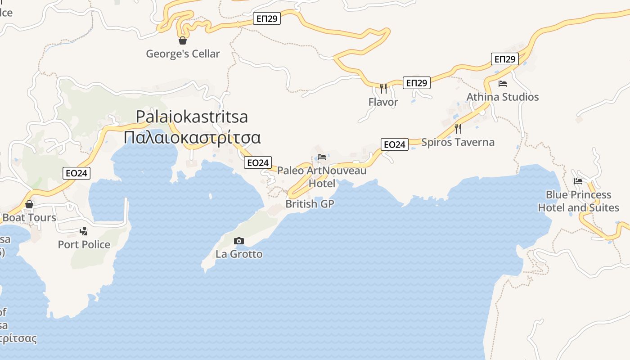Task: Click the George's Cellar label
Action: [183, 54]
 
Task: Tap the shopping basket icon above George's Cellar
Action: [183, 40]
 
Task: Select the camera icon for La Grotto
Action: [239, 241]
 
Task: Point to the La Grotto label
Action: [239, 254]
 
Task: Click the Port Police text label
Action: [84, 244]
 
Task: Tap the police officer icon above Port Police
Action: [83, 231]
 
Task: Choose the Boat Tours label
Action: [29, 218]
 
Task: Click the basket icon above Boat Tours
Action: [29, 204]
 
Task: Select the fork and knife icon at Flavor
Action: [383, 88]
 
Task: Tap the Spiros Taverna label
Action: [458, 142]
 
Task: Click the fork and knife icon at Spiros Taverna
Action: [458, 129]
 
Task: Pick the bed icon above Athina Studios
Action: [503, 84]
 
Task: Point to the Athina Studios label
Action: [503, 97]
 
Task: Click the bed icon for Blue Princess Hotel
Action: [578, 181]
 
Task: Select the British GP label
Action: [310, 204]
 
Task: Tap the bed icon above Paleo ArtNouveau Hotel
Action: [322, 157]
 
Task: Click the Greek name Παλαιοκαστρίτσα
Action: [192, 137]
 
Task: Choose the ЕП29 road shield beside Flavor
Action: [416, 83]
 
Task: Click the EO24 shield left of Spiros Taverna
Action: [394, 144]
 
